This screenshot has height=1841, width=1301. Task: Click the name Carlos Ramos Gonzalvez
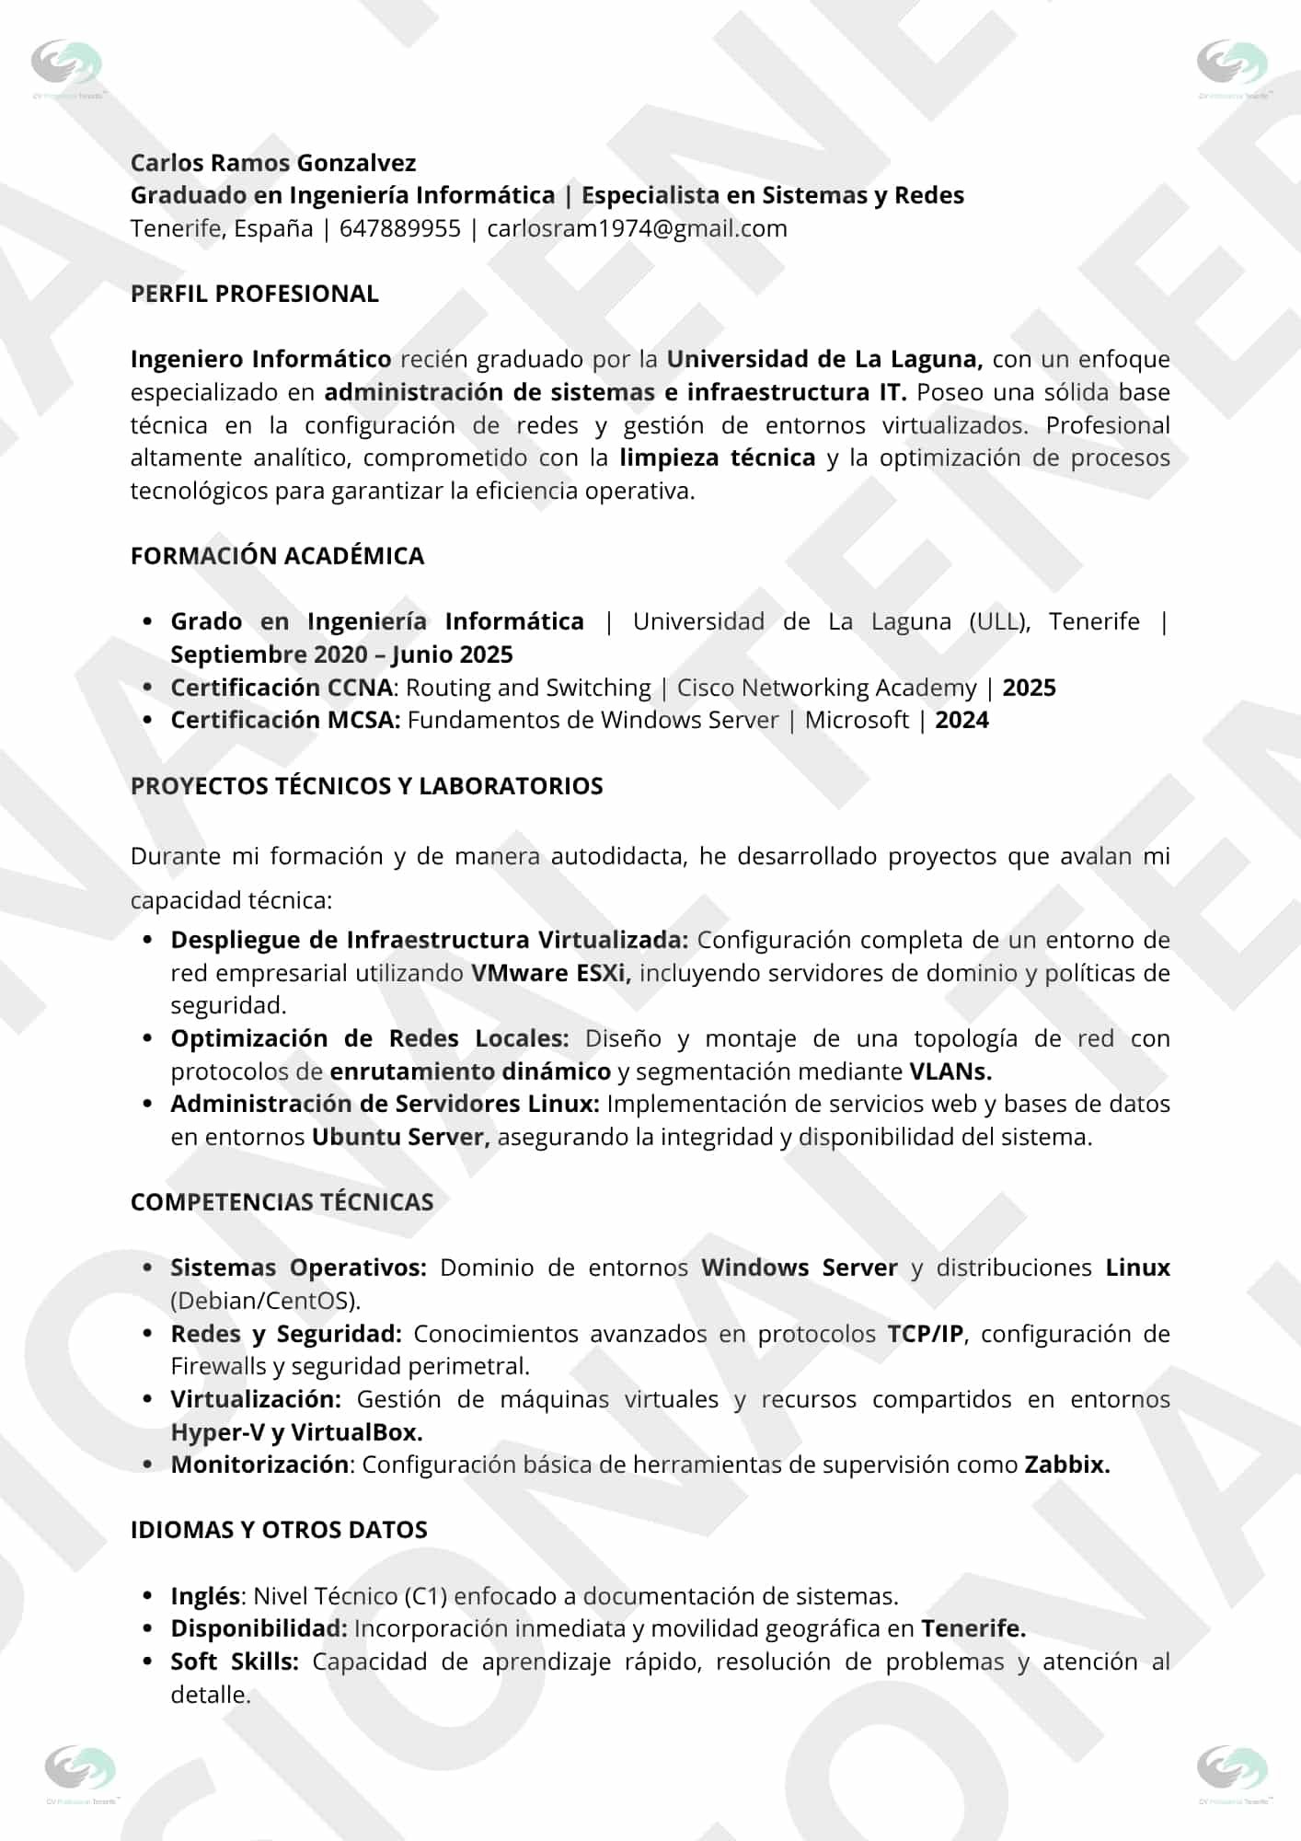coord(272,163)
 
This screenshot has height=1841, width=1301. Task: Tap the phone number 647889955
coord(399,228)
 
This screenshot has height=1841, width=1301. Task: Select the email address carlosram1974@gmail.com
coord(637,228)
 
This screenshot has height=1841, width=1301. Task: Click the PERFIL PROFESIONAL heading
coord(254,294)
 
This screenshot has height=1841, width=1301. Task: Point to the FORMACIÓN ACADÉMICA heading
coord(277,556)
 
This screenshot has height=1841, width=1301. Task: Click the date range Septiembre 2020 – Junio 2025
coord(341,654)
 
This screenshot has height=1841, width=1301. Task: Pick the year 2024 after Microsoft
coord(961,720)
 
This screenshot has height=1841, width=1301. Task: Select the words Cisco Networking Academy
coord(826,688)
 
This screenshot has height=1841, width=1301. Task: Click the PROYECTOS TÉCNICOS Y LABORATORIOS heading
coord(366,786)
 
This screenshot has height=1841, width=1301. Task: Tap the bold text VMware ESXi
coord(550,973)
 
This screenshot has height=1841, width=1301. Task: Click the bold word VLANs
coord(950,1071)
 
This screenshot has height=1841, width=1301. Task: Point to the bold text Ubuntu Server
coord(397,1137)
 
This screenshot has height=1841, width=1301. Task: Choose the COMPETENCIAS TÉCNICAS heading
coord(282,1202)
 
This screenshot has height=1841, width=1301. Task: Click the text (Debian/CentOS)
coord(265,1301)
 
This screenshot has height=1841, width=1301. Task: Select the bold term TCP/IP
coord(927,1334)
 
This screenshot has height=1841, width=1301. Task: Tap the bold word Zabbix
coord(1066,1465)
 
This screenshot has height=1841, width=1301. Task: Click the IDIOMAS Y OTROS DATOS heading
coord(279,1530)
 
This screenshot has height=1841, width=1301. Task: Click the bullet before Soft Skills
coord(147,1662)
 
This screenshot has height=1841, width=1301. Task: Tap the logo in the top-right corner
coord(1232,65)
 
